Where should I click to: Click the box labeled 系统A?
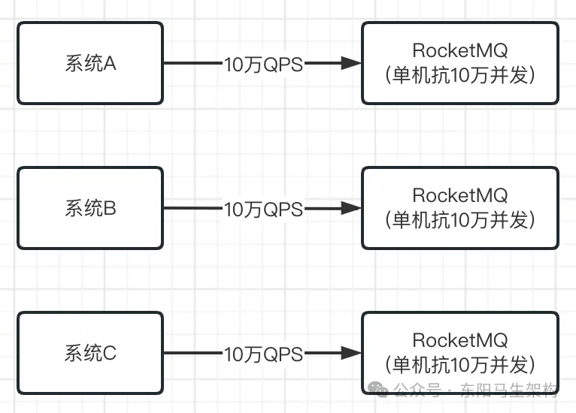click(x=90, y=63)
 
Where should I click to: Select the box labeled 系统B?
click(x=90, y=208)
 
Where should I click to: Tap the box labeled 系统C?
click(x=90, y=353)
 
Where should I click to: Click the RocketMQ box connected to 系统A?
click(x=459, y=63)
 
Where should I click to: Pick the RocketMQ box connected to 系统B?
click(x=459, y=208)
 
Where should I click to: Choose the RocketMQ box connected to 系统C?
click(x=459, y=353)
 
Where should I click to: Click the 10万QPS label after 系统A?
click(x=263, y=65)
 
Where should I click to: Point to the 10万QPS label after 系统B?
click(x=263, y=210)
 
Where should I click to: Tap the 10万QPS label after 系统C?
click(x=263, y=354)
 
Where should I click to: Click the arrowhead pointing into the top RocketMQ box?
click(x=352, y=64)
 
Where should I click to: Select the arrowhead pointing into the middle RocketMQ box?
click(x=352, y=209)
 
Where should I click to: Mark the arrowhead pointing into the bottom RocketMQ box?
click(x=352, y=353)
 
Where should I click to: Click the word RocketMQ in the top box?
click(x=459, y=50)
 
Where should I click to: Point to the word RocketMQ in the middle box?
click(x=459, y=195)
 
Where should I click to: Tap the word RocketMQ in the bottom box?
click(x=459, y=340)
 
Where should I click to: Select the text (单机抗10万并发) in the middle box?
click(x=459, y=220)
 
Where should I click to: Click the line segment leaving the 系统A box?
click(x=193, y=64)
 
